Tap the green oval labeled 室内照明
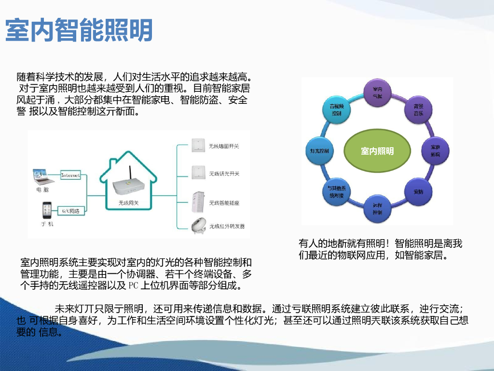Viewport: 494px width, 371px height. click(x=377, y=151)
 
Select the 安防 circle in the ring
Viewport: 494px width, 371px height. click(x=418, y=191)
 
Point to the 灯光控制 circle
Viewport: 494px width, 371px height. click(x=319, y=151)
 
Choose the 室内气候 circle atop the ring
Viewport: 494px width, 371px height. click(x=377, y=93)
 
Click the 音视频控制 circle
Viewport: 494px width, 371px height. click(x=336, y=110)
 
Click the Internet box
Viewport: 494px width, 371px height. click(x=70, y=175)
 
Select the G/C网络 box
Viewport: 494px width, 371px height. click(x=71, y=211)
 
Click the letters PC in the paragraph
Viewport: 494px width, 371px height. click(x=134, y=285)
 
